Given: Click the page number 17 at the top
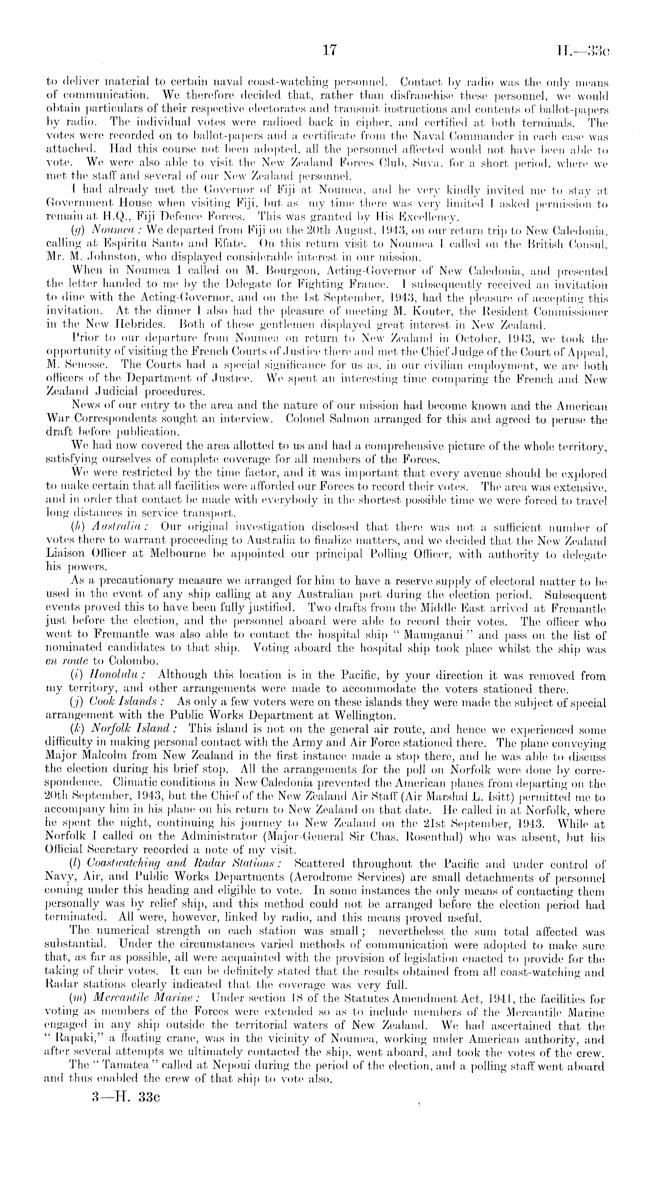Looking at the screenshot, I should tap(328, 50).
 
